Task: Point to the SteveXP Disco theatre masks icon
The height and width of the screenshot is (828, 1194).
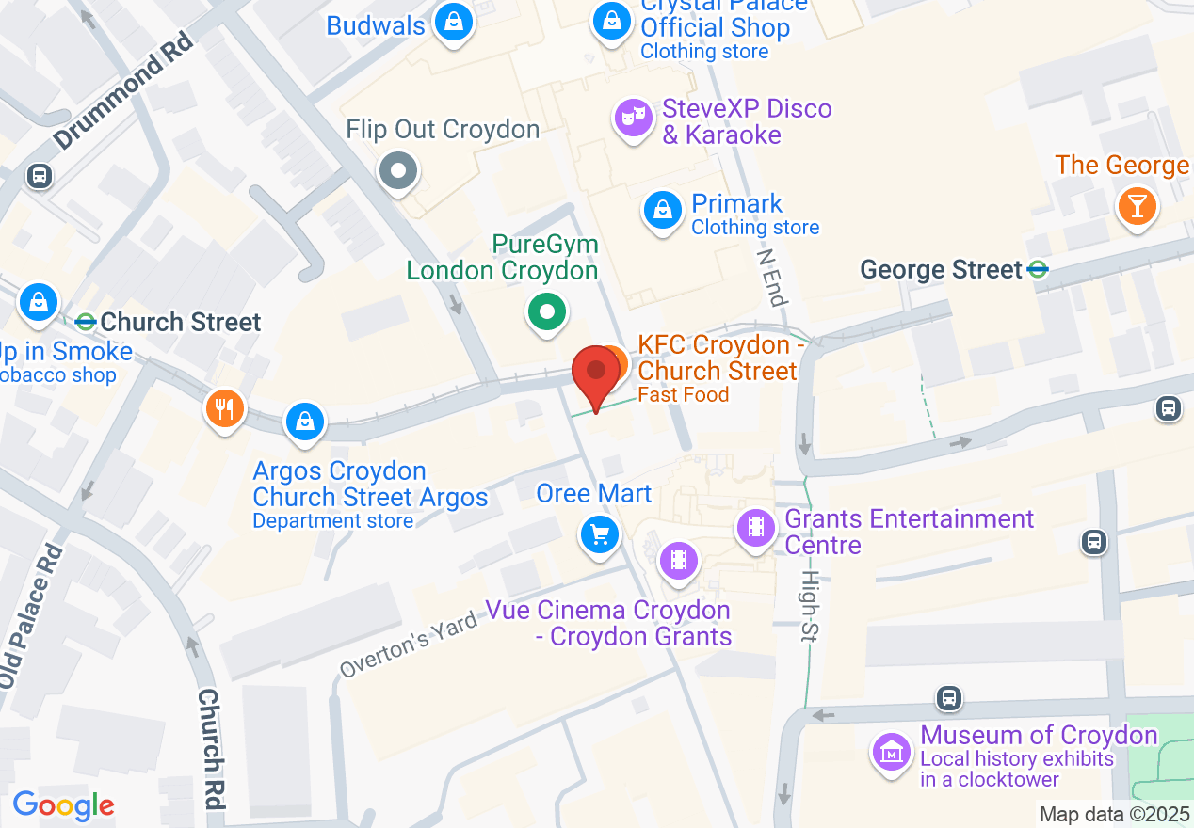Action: [x=634, y=118]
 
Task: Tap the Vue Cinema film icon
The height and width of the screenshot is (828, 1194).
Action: [x=679, y=561]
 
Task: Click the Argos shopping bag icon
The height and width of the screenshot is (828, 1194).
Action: [x=305, y=422]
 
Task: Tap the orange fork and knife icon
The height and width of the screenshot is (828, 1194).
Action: [x=225, y=408]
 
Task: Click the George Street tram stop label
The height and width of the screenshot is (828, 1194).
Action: [x=942, y=271]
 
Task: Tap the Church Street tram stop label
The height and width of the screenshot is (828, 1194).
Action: [x=180, y=323]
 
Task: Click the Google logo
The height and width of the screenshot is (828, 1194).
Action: [x=63, y=805]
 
